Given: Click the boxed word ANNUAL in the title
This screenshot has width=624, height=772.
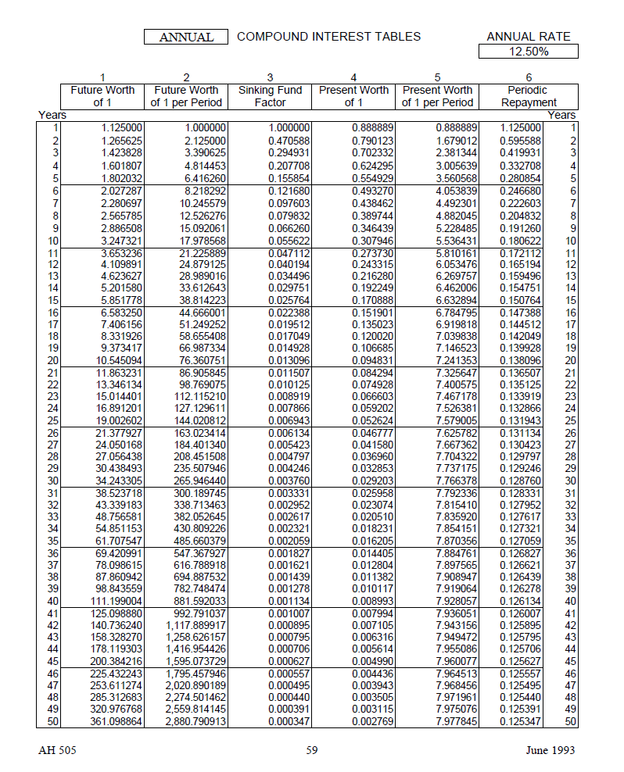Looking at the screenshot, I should click(186, 37).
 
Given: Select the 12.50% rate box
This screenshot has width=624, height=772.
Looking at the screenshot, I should click(529, 52).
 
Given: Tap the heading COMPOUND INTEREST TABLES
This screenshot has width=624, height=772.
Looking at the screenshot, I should click(328, 36).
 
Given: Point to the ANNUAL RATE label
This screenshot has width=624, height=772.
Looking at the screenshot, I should click(529, 37).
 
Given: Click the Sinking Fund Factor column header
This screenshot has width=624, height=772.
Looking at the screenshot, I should click(270, 96).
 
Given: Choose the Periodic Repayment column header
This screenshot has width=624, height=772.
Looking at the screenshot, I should click(529, 96).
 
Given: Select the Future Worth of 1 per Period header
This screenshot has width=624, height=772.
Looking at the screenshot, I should click(186, 96).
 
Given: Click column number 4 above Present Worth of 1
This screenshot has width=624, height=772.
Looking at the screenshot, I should click(353, 77).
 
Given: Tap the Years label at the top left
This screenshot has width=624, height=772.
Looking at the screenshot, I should click(52, 115).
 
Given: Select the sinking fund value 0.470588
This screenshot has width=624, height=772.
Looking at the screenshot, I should click(289, 141).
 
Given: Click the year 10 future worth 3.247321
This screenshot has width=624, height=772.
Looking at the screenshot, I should click(122, 241).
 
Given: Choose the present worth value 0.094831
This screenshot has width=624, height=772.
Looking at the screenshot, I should click(372, 360).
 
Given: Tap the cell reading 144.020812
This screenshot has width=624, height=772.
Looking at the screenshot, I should click(200, 420).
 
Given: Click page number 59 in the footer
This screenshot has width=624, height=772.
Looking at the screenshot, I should click(312, 750).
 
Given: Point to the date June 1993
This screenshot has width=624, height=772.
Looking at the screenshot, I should click(550, 750).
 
